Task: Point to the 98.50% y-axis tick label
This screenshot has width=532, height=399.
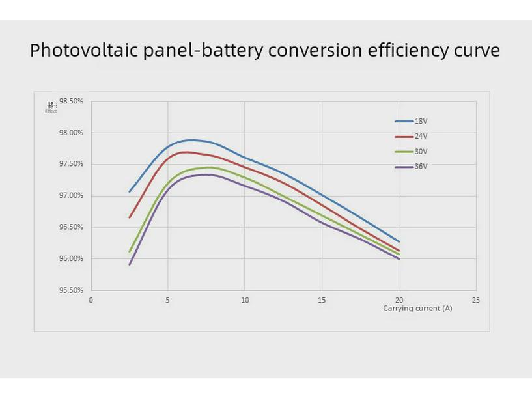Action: point(71,102)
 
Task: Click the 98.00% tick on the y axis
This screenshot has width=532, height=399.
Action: point(71,133)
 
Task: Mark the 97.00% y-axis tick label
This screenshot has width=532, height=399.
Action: point(71,196)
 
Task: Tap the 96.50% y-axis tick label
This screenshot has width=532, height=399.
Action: point(71,227)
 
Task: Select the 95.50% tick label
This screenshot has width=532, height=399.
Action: point(71,290)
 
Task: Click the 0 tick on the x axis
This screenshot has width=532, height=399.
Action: point(91,301)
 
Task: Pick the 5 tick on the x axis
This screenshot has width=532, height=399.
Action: point(167,301)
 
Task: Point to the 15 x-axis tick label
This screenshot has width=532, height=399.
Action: point(322,301)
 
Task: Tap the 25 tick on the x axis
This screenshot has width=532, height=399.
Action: point(476,301)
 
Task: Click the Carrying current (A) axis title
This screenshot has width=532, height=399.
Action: point(417,309)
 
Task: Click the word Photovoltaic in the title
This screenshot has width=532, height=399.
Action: point(83,51)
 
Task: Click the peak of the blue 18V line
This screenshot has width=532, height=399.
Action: point(191,140)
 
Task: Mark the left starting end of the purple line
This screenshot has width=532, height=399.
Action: point(130,264)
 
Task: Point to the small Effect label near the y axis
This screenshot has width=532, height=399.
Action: point(51,111)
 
